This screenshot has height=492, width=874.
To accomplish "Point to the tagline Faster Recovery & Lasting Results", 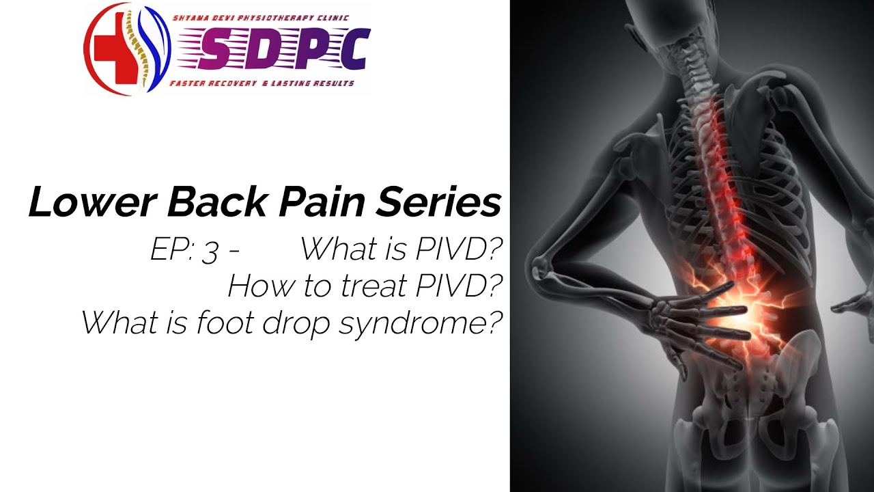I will (262, 83).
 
